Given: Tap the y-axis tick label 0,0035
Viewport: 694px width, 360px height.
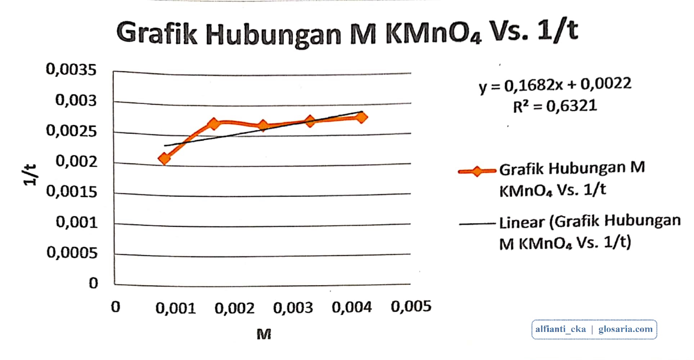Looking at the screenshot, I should click(71, 69).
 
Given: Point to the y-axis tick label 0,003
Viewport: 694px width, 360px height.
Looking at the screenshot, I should click(76, 100).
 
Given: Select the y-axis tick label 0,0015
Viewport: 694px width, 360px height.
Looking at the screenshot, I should click(71, 192).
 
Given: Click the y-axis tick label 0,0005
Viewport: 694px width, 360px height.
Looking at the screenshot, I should click(72, 253).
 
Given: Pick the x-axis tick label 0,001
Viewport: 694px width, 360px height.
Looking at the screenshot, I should click(175, 308).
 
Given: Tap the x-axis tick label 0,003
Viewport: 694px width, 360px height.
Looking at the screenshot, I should click(293, 308).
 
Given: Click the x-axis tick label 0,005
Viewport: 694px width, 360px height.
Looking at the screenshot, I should click(411, 307).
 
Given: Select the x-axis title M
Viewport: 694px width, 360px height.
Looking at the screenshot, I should click(263, 334).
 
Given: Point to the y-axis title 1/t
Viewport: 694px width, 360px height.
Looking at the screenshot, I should click(30, 175).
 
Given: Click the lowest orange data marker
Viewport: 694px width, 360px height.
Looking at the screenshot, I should click(165, 158).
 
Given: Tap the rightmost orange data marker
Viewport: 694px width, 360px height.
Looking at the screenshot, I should click(361, 117).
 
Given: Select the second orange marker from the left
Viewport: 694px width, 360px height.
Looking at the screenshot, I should click(214, 124).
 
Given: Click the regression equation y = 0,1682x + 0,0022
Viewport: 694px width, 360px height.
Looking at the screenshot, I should click(555, 86).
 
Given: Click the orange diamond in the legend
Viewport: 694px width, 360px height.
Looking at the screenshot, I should click(477, 171).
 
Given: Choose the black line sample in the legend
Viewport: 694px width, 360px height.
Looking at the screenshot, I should click(477, 224).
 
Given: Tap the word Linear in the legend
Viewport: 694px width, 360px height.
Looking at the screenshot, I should click(522, 222).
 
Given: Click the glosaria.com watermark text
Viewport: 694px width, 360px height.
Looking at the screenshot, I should click(625, 329).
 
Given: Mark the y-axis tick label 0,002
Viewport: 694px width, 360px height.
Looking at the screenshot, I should click(76, 161).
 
